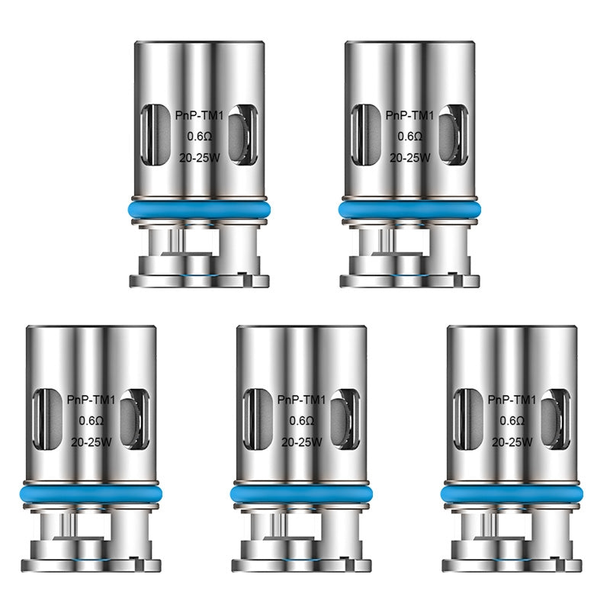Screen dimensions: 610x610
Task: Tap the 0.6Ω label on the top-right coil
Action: point(409,136)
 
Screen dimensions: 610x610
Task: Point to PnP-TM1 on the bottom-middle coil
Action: point(302,400)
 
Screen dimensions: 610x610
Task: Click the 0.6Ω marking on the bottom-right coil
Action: point(512,420)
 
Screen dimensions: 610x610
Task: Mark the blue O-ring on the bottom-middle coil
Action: point(302,494)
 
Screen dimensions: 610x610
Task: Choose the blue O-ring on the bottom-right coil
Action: point(512,494)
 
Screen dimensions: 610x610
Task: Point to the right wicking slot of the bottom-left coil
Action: point(135,420)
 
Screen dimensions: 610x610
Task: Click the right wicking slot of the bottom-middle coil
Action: point(345,420)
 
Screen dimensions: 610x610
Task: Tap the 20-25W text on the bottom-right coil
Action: point(512,442)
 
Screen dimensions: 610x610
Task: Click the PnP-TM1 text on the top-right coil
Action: point(409,117)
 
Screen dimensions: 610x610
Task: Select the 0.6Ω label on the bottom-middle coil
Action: point(302,420)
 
